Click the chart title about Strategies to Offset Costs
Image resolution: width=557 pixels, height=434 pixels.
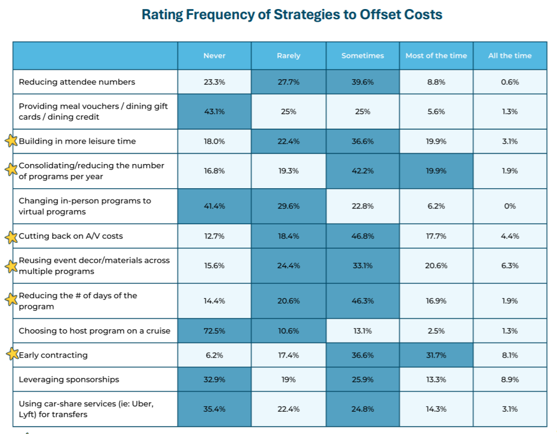tap(292, 14)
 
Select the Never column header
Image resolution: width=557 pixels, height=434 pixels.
tap(214, 56)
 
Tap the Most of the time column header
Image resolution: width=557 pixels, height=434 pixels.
tap(436, 56)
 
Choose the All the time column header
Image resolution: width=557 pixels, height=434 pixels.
tap(509, 56)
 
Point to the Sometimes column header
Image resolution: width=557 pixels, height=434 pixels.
tap(363, 56)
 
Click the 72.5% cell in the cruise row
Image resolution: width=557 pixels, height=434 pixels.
tap(214, 331)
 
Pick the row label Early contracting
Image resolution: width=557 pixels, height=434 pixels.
tap(53, 355)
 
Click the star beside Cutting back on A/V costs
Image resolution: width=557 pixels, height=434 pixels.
tap(11, 237)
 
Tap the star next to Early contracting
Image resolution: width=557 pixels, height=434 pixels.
tap(11, 355)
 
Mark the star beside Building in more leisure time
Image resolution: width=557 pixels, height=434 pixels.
tap(11, 141)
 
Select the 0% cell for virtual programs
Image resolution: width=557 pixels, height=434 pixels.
tap(509, 206)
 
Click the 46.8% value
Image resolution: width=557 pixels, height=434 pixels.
tap(363, 236)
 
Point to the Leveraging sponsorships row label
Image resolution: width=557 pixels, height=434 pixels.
tap(69, 379)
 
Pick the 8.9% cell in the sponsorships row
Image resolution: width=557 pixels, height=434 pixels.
tap(509, 379)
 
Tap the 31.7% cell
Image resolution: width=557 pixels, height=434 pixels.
tap(436, 355)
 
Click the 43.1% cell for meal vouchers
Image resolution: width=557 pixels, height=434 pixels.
tap(214, 112)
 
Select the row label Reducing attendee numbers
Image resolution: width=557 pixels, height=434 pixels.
tap(77, 82)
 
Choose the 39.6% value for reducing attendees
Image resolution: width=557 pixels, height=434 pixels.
tap(363, 82)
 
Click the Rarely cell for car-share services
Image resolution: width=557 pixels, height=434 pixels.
tap(288, 409)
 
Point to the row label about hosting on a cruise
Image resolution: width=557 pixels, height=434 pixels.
tap(94, 331)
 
